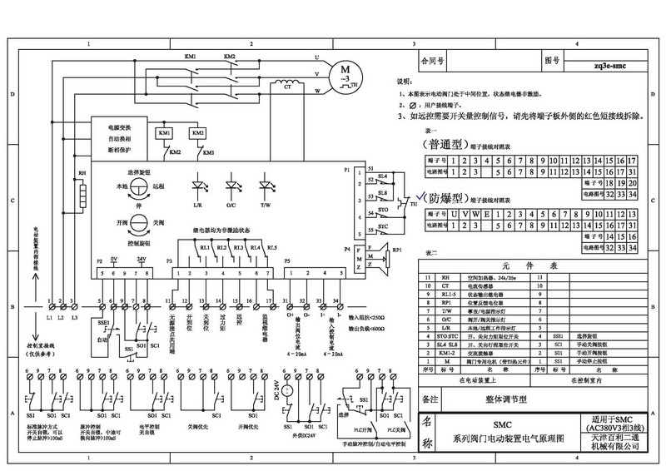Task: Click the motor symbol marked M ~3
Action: click(x=344, y=73)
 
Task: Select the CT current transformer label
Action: click(x=288, y=86)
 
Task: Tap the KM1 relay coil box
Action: click(x=165, y=134)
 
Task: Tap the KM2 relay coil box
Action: click(x=197, y=134)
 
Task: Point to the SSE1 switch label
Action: click(x=102, y=319)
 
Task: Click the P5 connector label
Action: click(x=288, y=260)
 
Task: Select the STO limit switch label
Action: click(x=383, y=212)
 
